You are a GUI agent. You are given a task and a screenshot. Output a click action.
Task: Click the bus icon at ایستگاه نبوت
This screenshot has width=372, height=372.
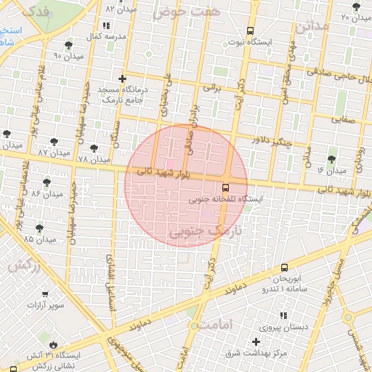pos(251,31)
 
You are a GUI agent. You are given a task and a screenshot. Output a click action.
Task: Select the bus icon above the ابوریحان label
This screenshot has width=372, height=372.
pos(284,267)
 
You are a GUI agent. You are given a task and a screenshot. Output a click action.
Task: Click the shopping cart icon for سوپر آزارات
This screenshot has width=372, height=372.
pos(45,294)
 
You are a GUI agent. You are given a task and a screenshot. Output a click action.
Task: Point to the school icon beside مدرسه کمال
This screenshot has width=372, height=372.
pos(107,25)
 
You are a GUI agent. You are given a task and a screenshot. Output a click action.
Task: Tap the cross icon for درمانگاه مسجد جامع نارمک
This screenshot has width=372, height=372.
pos(122,78)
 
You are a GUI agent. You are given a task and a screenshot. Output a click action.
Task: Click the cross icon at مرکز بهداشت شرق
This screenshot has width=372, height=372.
pos(256,341)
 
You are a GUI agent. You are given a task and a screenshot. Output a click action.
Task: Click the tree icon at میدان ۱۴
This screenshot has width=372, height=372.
pos(332,159)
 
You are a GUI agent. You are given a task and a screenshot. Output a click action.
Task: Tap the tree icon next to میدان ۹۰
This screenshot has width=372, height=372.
pos(68,45)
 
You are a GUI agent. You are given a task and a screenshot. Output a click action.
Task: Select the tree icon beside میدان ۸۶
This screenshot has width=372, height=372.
pos(47,182)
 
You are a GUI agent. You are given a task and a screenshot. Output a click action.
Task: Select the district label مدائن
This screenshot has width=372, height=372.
pos(312,26)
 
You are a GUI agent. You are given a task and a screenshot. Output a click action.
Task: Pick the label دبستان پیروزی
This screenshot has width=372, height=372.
pos(304,327)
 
